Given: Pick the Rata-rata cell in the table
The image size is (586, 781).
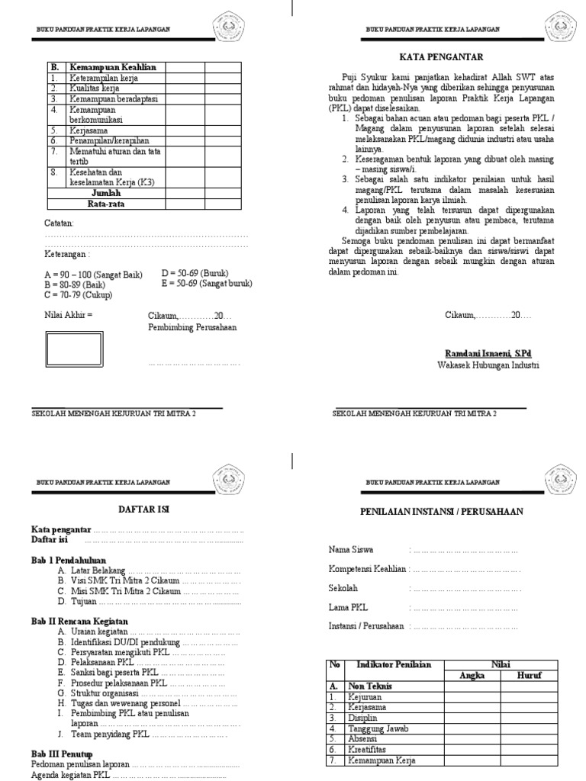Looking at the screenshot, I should [x=105, y=204].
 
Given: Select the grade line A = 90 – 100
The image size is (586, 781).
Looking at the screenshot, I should [x=94, y=274].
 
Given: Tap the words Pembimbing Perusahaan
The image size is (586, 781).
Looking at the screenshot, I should [x=192, y=327].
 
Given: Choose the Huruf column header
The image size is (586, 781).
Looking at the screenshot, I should [x=528, y=675].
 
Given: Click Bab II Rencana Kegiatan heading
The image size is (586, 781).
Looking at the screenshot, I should [x=79, y=622].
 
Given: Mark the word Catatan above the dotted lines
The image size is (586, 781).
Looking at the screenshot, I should [x=60, y=223].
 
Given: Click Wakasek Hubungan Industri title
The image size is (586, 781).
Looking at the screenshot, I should [x=488, y=365].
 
